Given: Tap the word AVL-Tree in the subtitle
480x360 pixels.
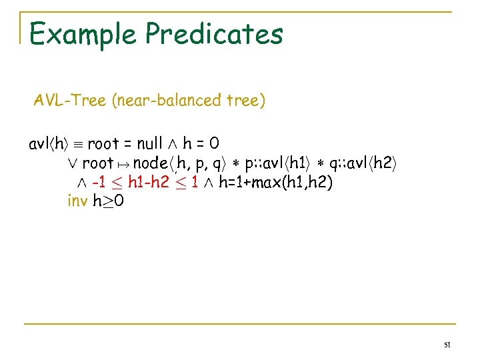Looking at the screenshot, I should tap(70, 101).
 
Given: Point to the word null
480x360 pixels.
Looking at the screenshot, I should tap(149, 143).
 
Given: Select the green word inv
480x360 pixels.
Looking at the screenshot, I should tap(77, 200).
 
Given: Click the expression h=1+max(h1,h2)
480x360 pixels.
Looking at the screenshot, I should tap(275, 182).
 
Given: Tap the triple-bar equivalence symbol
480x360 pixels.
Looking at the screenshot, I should tap(77, 144).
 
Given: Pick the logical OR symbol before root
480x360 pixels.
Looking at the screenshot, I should tap(73, 163).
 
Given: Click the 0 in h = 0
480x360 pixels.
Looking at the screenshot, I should tap(215, 143).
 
